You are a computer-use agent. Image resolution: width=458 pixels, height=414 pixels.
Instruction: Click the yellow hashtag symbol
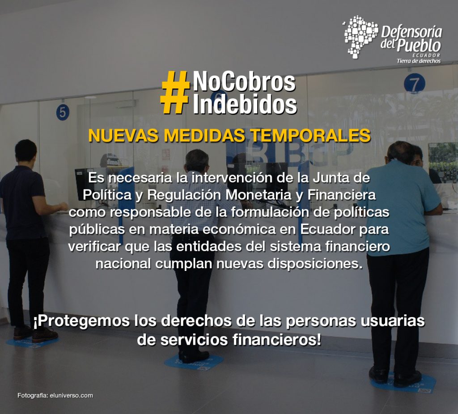175,92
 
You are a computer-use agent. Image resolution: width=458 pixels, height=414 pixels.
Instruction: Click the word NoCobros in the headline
244,82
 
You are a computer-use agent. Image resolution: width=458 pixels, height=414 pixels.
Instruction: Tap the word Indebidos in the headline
245,104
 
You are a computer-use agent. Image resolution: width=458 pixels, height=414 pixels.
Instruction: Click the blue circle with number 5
63,112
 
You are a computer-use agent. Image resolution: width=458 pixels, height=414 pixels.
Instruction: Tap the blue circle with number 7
415,84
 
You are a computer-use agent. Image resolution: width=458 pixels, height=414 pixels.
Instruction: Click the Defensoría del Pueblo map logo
360,37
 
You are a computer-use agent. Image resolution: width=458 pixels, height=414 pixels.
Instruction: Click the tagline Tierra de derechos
418,61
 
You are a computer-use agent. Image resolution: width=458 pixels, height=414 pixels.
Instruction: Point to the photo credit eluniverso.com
71,396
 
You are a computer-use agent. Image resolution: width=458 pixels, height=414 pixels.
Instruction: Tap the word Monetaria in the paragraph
258,195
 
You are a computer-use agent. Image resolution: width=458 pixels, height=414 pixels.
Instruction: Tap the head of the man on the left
25,151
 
